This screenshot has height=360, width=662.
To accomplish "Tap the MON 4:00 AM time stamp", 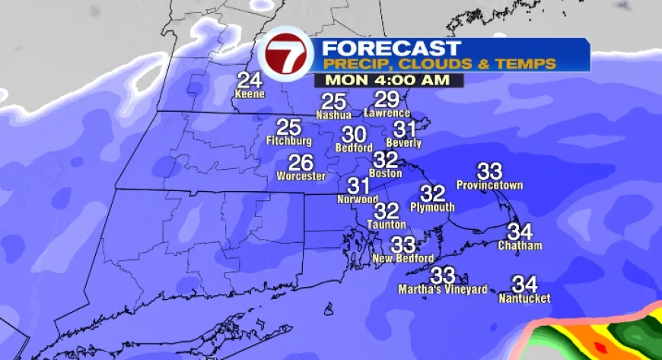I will [384, 80].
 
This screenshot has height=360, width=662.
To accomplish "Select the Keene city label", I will [250, 94].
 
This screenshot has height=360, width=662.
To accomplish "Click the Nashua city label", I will [334, 115].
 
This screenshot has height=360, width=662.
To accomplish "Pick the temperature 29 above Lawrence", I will [387, 99].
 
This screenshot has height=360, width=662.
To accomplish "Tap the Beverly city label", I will [404, 143].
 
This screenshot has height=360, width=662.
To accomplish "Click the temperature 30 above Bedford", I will [355, 135].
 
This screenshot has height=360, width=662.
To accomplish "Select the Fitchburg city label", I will [289, 142].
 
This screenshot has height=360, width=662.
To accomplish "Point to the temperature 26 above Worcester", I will [301, 162].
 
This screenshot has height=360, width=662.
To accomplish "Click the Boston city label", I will [385, 174].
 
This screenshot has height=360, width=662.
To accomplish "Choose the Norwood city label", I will [358, 199].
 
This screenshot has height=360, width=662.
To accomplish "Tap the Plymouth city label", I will [432, 207].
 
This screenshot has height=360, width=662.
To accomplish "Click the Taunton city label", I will [387, 225].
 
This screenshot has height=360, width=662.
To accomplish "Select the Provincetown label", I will [489, 185].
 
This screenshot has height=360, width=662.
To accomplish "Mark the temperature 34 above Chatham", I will [520, 231].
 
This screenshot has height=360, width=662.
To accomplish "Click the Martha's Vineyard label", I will [443, 289].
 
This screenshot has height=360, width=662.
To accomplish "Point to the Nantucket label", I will [524, 298].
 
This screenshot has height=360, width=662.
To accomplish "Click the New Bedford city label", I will [403, 259].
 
